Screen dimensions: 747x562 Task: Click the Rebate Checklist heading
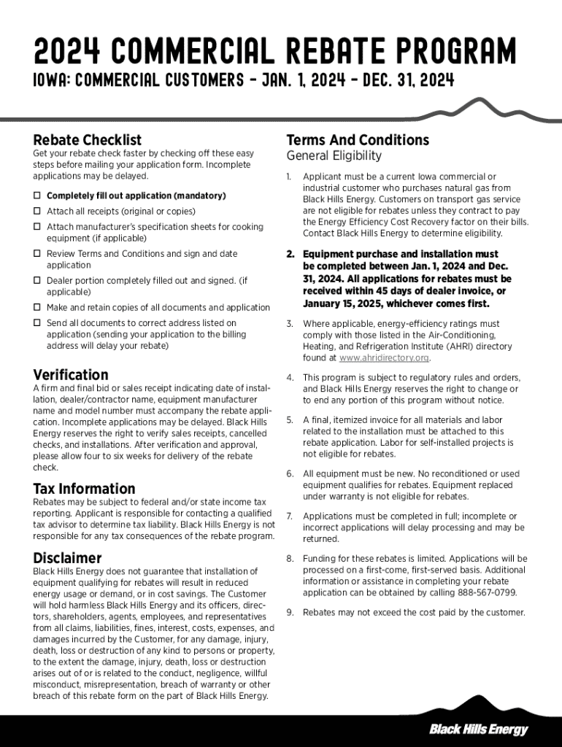tap(88, 140)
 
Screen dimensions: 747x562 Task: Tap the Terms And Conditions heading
tap(358, 140)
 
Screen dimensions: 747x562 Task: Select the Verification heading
tap(71, 375)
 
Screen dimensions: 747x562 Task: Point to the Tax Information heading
tap(84, 489)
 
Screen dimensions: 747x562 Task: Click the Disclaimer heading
tap(68, 558)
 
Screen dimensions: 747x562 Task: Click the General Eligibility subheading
tap(334, 156)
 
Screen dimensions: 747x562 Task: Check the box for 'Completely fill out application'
tap(36, 196)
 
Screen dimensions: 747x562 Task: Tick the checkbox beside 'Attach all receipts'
tap(36, 212)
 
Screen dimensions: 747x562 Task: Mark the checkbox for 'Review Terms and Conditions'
tap(36, 254)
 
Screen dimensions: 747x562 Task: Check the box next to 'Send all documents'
tap(36, 322)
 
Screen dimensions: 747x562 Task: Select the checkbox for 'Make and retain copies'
tap(36, 308)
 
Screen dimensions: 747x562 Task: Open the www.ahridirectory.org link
tap(384, 358)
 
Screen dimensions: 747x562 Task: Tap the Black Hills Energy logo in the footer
tap(478, 729)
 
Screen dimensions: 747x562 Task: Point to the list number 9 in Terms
tap(289, 613)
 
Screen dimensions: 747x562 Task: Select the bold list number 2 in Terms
tap(290, 255)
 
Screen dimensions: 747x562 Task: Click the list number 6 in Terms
tap(289, 473)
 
